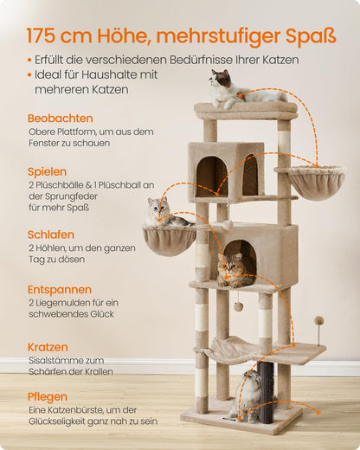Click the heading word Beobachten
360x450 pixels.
pyautogui.click(x=60, y=118)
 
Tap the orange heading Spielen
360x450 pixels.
pyautogui.click(x=47, y=171)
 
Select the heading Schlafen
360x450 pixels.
pyautogui.click(x=50, y=235)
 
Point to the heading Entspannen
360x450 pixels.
pyautogui.click(x=59, y=287)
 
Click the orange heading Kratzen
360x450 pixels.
pyautogui.click(x=47, y=346)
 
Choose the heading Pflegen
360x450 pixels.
pyautogui.click(x=47, y=396)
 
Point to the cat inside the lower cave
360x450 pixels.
pyautogui.click(x=232, y=269)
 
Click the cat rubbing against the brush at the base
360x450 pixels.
pyautogui.click(x=248, y=395)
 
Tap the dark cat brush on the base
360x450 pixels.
pyautogui.click(x=264, y=391)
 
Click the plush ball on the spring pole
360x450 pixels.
pyautogui.click(x=318, y=321)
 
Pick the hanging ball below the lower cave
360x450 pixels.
pyautogui.click(x=237, y=306)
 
